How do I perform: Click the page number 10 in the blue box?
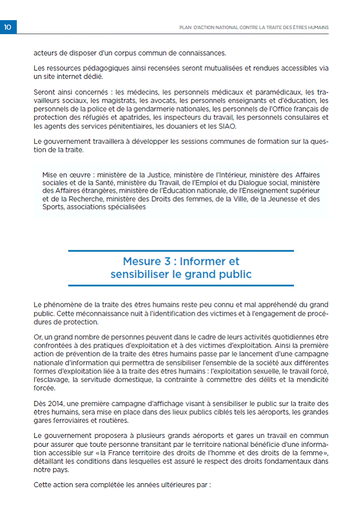pyautogui.click(x=8, y=27)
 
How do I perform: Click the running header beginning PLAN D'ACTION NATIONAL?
pyautogui.click(x=253, y=27)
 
